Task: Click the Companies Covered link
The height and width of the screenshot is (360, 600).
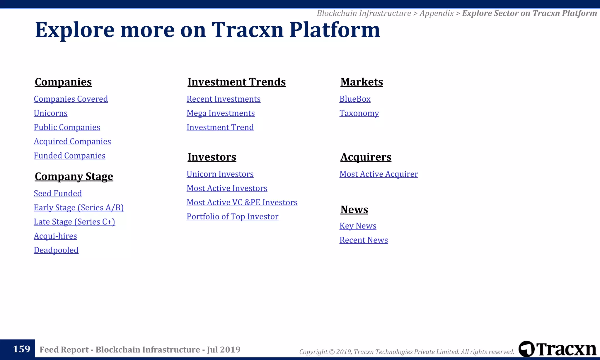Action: click(x=71, y=99)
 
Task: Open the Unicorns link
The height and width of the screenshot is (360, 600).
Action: click(x=50, y=113)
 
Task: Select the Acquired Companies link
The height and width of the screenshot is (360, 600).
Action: click(x=72, y=141)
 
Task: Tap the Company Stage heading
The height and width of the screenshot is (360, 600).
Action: click(x=74, y=176)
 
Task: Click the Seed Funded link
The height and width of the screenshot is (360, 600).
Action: click(x=58, y=193)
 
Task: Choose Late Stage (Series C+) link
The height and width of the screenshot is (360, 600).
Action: click(x=74, y=222)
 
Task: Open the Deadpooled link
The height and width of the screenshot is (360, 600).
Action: click(x=56, y=250)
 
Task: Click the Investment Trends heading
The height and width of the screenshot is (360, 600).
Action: click(x=236, y=82)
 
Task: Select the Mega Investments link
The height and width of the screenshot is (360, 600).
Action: click(x=221, y=113)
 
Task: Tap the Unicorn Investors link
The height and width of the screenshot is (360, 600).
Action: click(x=220, y=174)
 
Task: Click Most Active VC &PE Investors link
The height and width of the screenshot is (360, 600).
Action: click(x=242, y=202)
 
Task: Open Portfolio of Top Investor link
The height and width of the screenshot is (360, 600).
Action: click(x=232, y=216)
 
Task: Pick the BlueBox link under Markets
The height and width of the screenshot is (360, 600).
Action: click(x=355, y=99)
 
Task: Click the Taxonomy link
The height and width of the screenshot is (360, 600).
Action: click(x=359, y=113)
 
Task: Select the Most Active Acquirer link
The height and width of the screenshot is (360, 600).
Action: click(x=379, y=174)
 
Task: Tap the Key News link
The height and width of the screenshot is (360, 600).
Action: click(x=358, y=226)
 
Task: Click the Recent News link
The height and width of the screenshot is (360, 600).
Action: click(x=364, y=240)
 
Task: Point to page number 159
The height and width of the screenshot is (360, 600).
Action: click(x=21, y=349)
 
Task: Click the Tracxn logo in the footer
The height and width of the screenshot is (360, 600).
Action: click(x=557, y=349)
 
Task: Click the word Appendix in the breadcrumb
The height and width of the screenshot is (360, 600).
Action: click(x=436, y=13)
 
